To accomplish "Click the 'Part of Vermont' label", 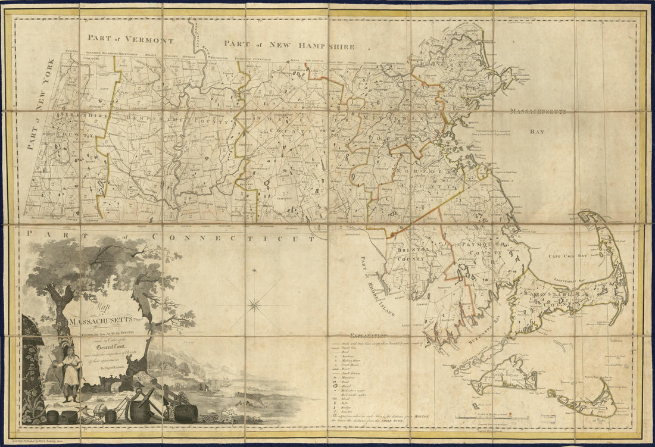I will click(130, 39).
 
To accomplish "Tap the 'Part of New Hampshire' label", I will click(290, 45).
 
